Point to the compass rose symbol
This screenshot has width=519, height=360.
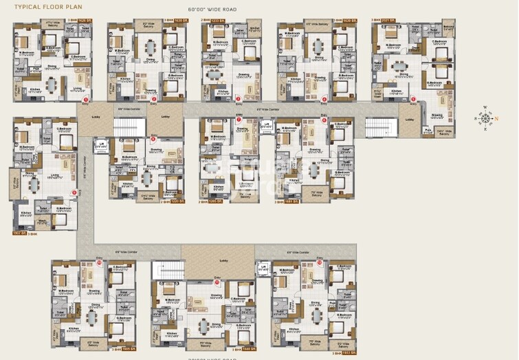(485, 117)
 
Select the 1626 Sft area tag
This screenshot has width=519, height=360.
(85, 21)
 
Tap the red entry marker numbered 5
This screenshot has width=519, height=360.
(413, 100)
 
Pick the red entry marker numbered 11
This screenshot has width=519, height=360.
(217, 281)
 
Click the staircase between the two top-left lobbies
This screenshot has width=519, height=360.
(125, 127)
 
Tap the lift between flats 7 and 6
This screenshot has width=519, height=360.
(266, 126)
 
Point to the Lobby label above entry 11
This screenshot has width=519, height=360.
(223, 261)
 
